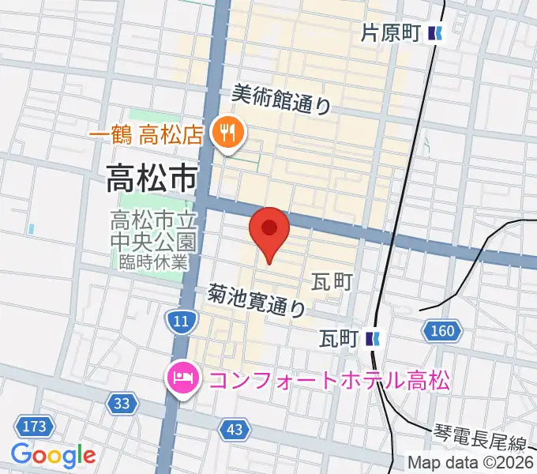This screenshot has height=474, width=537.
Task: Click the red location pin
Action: coord(269,231)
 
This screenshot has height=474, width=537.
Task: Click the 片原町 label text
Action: coord(390,33)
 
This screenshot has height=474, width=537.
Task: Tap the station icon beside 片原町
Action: coord(435,33)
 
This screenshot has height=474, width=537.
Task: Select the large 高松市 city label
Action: coord(153,181)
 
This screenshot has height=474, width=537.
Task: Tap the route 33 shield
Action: coord(121,404)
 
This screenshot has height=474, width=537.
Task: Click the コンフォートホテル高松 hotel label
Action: coord(329,381)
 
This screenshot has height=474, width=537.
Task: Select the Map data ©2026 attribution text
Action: coord(470,462)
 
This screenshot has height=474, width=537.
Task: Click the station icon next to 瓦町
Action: coord(374,339)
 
